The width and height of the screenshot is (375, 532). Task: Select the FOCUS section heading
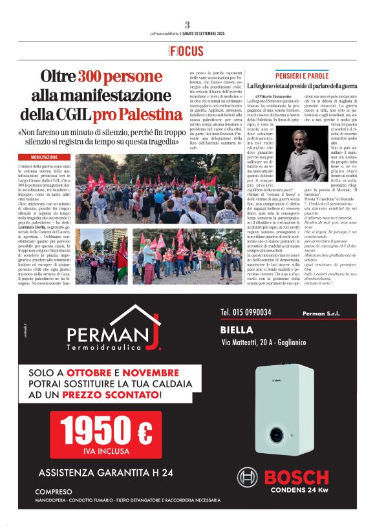coord(186,51)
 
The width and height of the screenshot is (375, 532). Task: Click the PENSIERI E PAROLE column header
coord(301,74)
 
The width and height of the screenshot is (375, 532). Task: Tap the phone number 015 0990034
coord(246,312)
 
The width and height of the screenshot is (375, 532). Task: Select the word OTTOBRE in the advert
coord(90,374)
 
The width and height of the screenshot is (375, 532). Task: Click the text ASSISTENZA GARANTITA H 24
coord(106,473)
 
